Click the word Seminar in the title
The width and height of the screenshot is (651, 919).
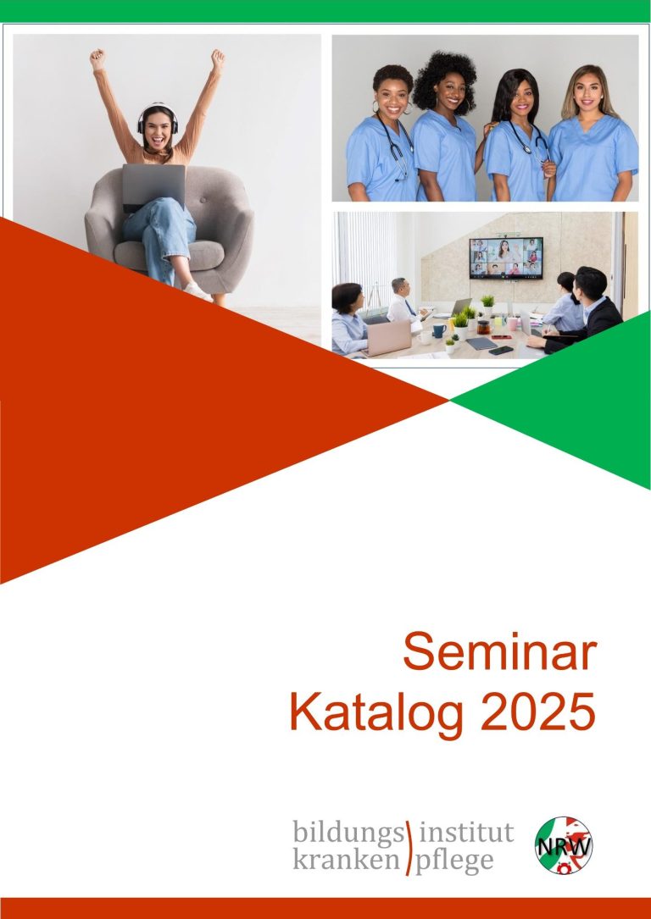point(499,652)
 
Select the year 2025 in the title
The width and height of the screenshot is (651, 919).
point(537,711)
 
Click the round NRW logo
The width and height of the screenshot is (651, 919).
point(564,845)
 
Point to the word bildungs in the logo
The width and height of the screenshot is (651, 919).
point(348,833)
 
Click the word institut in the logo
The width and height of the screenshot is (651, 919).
point(467,833)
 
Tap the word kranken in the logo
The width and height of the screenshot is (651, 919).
point(346,861)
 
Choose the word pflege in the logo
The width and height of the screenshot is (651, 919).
point(454,861)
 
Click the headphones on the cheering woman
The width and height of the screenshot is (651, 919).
point(157,117)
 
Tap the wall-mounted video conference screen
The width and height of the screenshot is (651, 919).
point(506,257)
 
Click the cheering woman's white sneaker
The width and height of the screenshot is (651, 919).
point(198,291)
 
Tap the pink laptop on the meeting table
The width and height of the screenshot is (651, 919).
point(387,338)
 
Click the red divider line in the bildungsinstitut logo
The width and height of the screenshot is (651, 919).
point(409,848)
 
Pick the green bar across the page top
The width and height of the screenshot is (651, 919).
point(325,11)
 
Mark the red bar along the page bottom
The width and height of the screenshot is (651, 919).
point(325,908)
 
